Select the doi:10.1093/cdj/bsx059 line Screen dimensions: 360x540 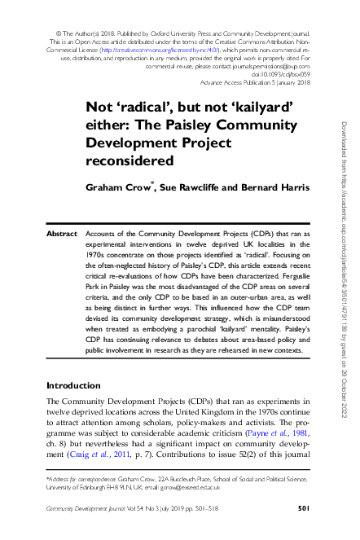coord(282,75)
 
